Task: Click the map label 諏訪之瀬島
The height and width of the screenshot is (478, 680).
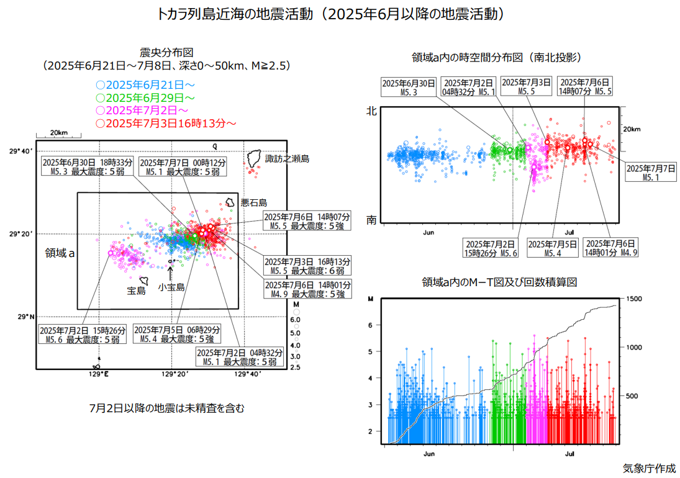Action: click(287, 159)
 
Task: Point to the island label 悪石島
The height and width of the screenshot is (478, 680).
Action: click(253, 202)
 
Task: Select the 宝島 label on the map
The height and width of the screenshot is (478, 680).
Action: click(136, 291)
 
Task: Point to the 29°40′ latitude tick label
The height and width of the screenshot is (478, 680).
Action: click(21, 150)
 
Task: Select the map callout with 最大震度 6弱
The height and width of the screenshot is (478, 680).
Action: click(307, 266)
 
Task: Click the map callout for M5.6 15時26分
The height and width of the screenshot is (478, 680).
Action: click(83, 334)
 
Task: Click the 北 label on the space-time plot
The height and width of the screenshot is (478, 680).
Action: click(371, 112)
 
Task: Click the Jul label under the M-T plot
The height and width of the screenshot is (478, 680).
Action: click(570, 454)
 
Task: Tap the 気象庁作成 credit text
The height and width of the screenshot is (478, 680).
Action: click(649, 468)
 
